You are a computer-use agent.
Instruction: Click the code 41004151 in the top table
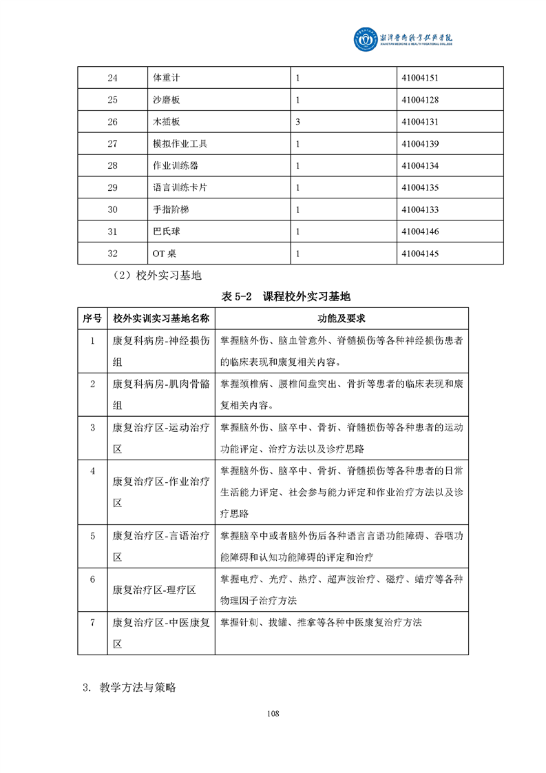point(419,79)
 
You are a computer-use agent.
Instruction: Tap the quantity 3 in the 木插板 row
point(297,122)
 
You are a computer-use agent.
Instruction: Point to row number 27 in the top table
point(113,144)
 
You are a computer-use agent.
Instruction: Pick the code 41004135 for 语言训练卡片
point(419,187)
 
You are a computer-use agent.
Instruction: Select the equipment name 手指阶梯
point(171,209)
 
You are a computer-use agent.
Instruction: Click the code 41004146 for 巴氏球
point(419,231)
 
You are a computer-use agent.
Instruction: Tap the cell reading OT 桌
point(165,254)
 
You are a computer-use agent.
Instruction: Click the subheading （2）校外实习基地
point(158,276)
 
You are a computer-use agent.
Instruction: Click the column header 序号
point(92,319)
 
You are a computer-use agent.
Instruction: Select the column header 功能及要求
point(341,319)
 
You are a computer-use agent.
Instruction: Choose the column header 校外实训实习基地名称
point(161,319)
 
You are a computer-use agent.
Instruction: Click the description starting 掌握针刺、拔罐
point(320,623)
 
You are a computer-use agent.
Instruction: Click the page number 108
point(273,714)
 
